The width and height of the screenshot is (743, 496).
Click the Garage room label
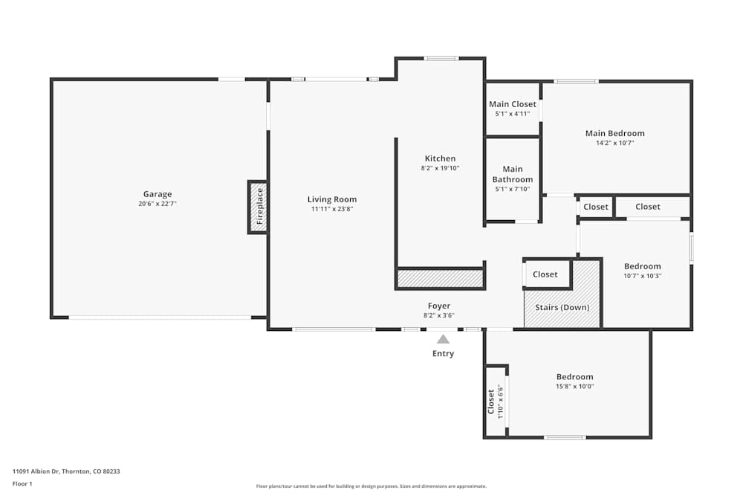point(158,194)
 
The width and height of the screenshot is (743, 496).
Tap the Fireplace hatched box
point(258,207)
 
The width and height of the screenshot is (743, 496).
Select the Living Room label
point(332,199)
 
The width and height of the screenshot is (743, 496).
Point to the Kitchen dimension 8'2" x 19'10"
point(440,168)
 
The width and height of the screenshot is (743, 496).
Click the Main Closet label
point(512,104)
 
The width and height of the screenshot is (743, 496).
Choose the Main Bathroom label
point(513,174)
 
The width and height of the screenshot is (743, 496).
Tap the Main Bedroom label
point(614,133)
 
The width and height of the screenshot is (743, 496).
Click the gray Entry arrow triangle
point(443,339)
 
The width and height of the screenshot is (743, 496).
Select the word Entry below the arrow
point(443,353)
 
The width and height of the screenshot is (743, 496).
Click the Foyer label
point(439,306)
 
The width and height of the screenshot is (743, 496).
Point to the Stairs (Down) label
point(562,307)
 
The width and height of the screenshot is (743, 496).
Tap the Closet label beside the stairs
point(545,274)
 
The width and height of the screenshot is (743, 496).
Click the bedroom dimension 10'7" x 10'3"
point(642,276)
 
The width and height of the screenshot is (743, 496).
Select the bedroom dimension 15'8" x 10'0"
point(575,386)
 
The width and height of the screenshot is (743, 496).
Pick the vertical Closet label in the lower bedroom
point(491,402)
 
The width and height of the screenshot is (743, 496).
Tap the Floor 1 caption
point(22,483)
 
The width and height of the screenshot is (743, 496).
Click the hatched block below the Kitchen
point(441,278)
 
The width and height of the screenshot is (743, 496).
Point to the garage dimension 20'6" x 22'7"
point(158,203)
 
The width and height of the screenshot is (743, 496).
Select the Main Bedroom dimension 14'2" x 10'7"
point(614,142)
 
